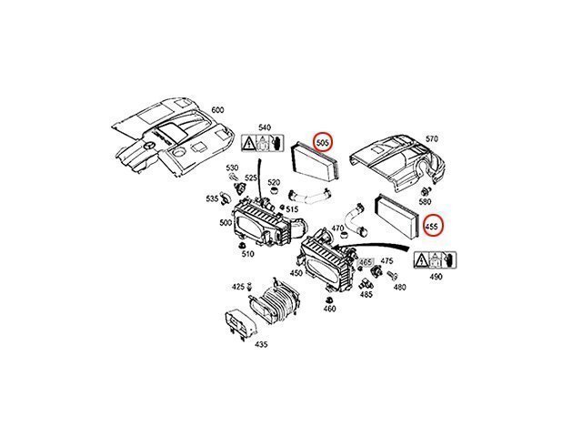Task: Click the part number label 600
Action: [x=218, y=109]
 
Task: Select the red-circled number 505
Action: [x=322, y=142]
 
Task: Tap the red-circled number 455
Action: [x=433, y=226]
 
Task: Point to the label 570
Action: [x=431, y=139]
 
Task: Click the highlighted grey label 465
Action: [x=366, y=262]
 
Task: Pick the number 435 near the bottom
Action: [x=261, y=344]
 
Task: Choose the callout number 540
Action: [x=265, y=127]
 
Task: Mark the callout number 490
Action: [x=436, y=277]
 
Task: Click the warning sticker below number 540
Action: [x=263, y=143]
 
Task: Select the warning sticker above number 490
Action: [x=436, y=260]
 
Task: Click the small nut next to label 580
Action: [x=426, y=191]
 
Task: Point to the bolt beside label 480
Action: [x=392, y=275]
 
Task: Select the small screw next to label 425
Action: [x=249, y=285]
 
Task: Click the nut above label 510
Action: [x=243, y=246]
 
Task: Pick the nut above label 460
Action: [x=328, y=300]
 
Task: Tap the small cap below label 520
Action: [x=275, y=192]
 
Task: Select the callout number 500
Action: [x=226, y=222]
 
